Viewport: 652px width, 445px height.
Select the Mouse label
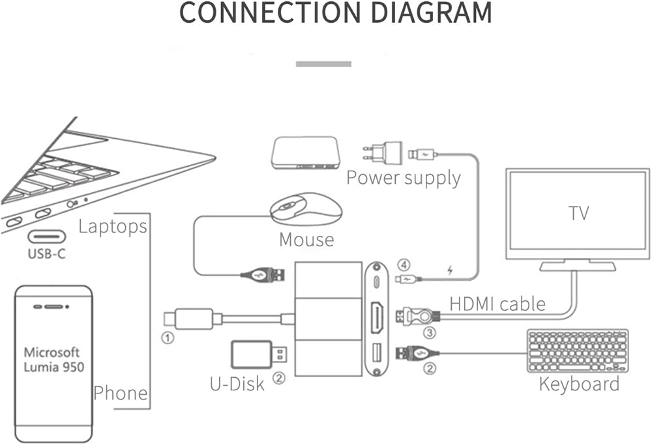[x=306, y=240]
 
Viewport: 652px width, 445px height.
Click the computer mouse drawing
[x=306, y=210]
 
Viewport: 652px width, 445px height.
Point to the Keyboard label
[x=579, y=384]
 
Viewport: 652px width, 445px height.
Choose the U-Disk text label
[x=237, y=383]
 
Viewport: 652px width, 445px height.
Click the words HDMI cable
[x=497, y=303]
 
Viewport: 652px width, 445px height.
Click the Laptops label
[x=112, y=227]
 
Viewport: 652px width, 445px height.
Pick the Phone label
[x=120, y=393]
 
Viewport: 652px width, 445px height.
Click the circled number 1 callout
[x=168, y=337]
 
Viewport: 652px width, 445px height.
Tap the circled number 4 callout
[x=405, y=265]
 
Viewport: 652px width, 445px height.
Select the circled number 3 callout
[x=430, y=332]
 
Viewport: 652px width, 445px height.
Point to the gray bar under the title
[x=323, y=64]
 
